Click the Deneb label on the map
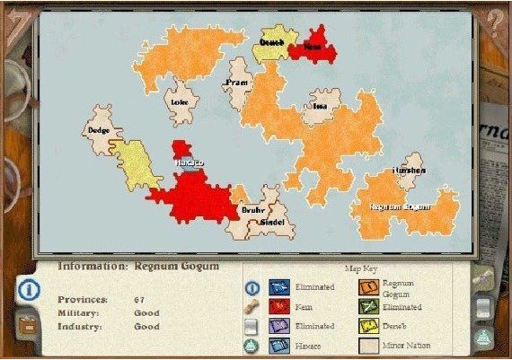click(271, 42)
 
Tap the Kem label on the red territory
click(312, 43)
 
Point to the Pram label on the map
click(237, 83)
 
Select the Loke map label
click(179, 101)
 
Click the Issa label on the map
click(320, 106)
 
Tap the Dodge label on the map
click(99, 130)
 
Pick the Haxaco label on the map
click(189, 162)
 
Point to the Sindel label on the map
click(271, 221)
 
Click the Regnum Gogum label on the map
click(401, 206)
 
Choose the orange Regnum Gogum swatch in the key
click(366, 287)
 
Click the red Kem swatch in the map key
click(278, 307)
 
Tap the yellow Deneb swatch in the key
click(366, 326)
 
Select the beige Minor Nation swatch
click(366, 345)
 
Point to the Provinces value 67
click(140, 299)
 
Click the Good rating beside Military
click(147, 312)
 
